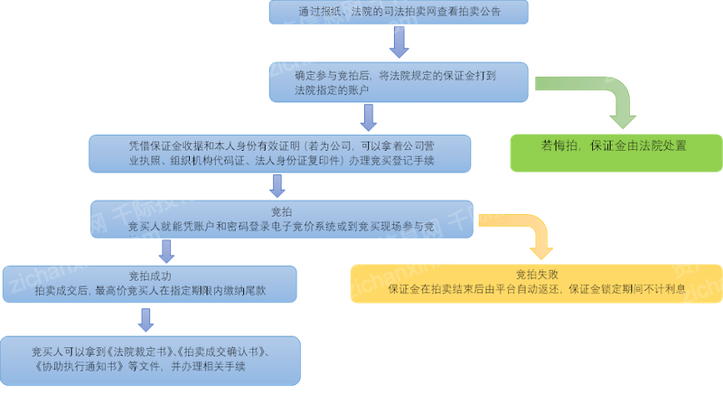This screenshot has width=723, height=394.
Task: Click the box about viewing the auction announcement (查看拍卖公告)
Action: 398,12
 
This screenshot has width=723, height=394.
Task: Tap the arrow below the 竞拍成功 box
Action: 146,319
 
